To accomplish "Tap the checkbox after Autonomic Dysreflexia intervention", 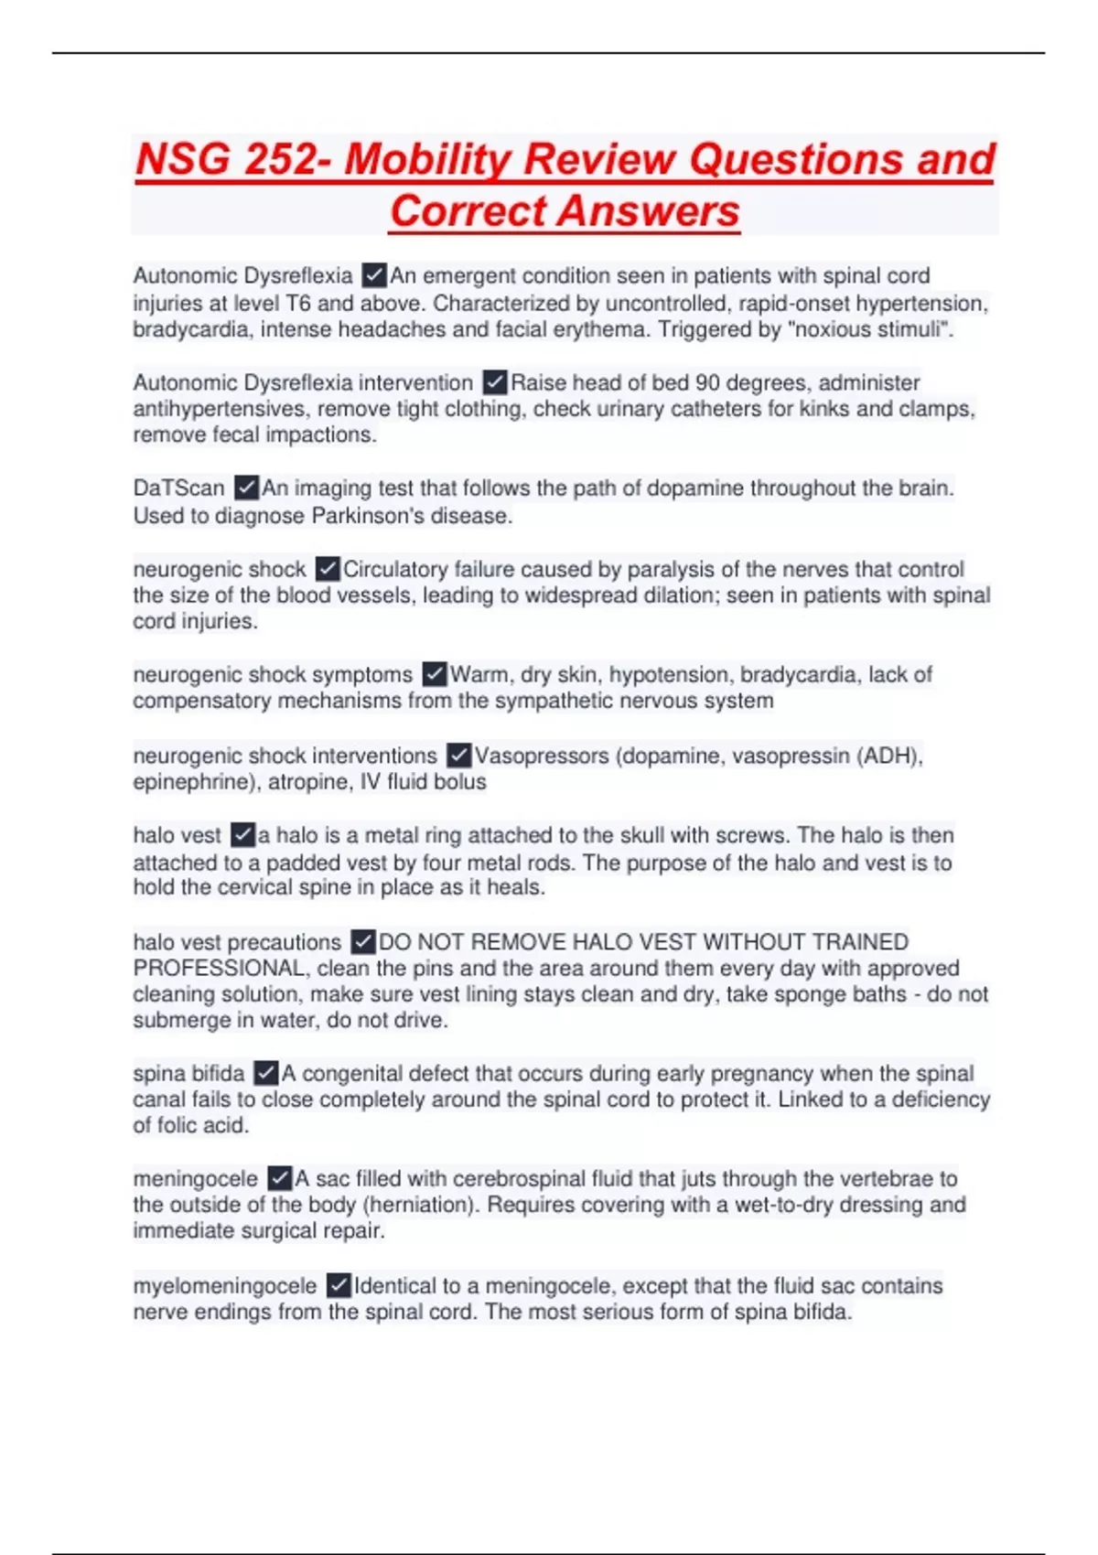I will click(x=495, y=382).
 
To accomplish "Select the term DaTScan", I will click(x=178, y=488).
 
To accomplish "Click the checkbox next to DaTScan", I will click(x=246, y=488).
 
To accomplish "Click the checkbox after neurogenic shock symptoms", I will click(x=435, y=675).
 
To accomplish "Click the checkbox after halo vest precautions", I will click(x=363, y=942).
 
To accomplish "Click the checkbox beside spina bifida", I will click(x=265, y=1073).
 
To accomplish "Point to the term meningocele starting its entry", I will click(x=195, y=1179).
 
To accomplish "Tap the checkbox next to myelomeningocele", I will click(x=339, y=1286).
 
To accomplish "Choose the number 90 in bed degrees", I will click(x=707, y=382).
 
